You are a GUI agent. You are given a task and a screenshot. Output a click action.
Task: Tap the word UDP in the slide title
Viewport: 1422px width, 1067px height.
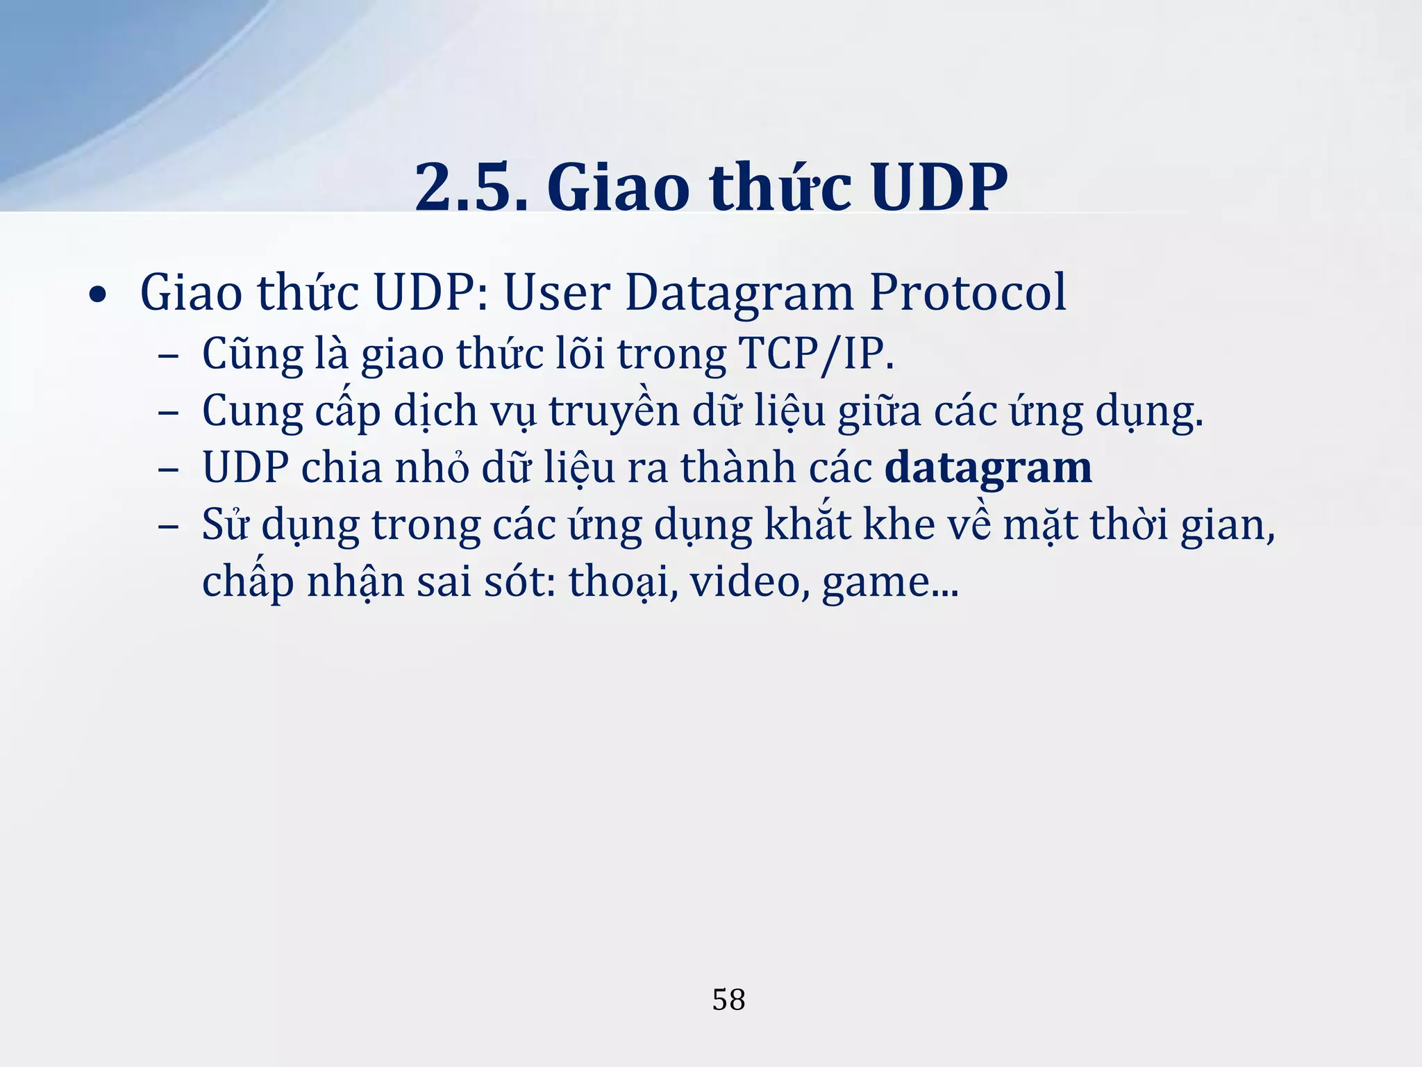(x=939, y=188)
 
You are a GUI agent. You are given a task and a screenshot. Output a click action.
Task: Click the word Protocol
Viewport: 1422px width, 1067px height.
(x=967, y=292)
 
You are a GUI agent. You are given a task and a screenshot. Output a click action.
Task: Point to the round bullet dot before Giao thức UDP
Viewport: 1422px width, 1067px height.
(x=98, y=297)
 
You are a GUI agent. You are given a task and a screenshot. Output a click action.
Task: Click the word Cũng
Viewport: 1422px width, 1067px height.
(x=252, y=354)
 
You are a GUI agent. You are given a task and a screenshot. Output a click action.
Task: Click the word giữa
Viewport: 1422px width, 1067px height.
(x=878, y=411)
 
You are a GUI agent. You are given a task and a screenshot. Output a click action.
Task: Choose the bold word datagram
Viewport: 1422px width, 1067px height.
(x=988, y=468)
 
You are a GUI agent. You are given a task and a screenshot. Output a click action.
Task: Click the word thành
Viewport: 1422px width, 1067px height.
(x=737, y=468)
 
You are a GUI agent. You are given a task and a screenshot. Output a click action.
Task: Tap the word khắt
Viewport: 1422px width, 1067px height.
(x=808, y=524)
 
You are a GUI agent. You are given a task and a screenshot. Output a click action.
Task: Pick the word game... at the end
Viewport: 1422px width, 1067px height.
(x=890, y=581)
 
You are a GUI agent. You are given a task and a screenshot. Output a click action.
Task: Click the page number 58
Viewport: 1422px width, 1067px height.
(x=728, y=1000)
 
